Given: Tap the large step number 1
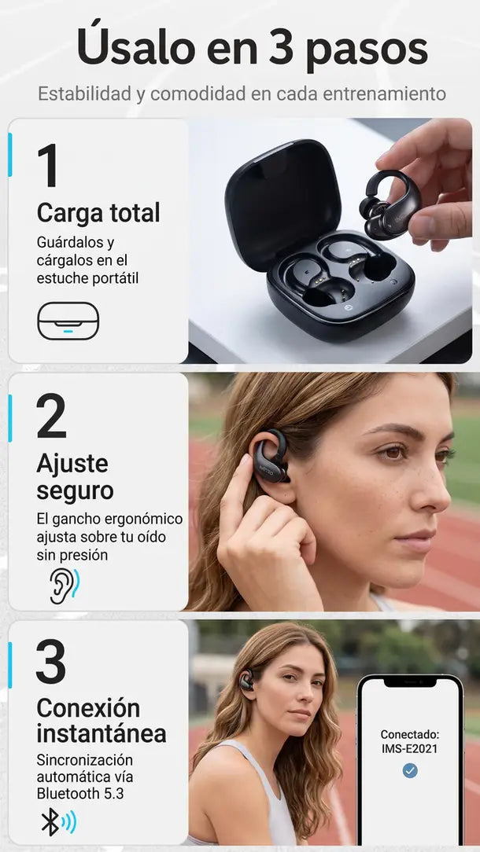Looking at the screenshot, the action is [49, 165].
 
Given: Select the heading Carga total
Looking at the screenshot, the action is [98, 212].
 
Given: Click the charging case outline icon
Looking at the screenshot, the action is [68, 321].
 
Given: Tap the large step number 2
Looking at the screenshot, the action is [51, 416].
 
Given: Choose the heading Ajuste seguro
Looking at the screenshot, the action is [75, 477].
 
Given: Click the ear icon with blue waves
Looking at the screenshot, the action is [65, 586].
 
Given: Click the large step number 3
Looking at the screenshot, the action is [50, 661].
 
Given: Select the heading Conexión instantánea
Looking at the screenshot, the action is [102, 720].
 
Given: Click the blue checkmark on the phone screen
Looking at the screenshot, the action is [410, 770].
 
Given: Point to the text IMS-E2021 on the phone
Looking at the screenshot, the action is [410, 749].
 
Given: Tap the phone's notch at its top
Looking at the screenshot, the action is [410, 681].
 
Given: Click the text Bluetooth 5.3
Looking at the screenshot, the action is [80, 793].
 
